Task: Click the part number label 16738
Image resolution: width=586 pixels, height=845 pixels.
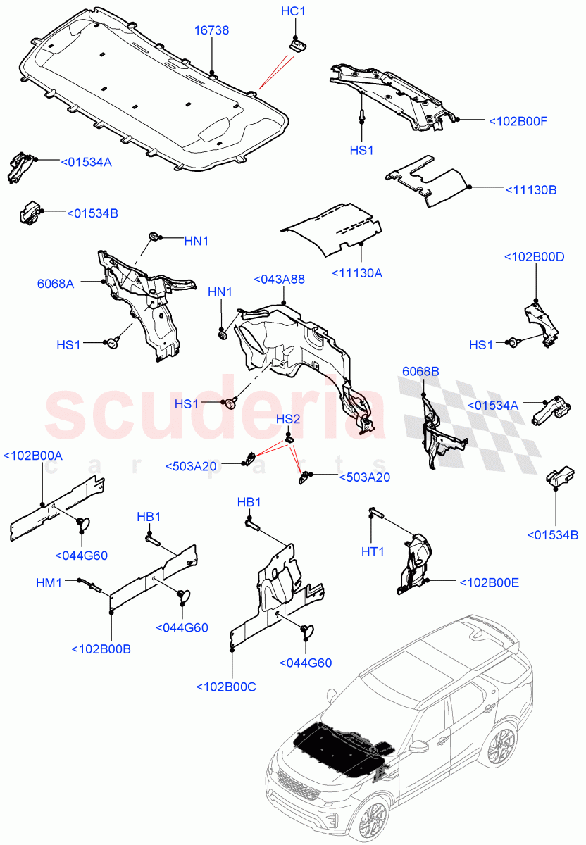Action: coord(212,30)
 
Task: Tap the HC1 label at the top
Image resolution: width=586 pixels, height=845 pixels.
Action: coord(293,12)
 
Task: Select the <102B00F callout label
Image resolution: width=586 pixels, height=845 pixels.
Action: coord(518,121)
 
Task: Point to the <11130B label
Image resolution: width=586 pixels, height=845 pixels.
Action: coord(530,189)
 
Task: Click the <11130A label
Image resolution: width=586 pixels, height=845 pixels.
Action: coord(357,273)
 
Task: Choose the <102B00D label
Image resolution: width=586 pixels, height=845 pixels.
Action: coord(534,257)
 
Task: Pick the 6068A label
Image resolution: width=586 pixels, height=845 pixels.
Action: coord(56,284)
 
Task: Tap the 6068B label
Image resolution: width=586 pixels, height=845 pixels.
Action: coord(420,371)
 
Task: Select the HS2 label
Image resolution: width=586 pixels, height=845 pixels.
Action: coord(288,420)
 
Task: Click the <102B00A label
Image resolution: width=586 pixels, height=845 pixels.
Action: coord(33,456)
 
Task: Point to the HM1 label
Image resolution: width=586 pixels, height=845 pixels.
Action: coord(49,582)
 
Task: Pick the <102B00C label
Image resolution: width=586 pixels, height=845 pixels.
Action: coord(226,687)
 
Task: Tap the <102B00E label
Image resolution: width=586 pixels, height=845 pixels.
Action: coord(489,582)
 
